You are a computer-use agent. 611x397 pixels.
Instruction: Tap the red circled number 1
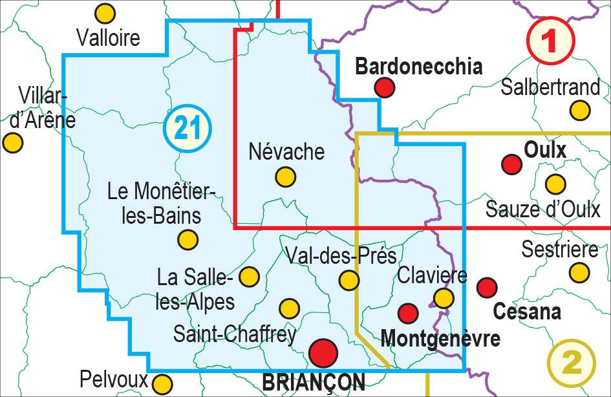pyautogui.click(x=550, y=41)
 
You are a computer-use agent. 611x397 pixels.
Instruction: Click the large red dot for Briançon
pyautogui.click(x=323, y=353)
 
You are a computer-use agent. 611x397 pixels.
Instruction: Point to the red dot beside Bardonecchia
pyautogui.click(x=385, y=87)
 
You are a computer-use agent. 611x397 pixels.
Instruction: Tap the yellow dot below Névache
pyautogui.click(x=285, y=177)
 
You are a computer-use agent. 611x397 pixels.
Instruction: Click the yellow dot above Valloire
pyautogui.click(x=105, y=14)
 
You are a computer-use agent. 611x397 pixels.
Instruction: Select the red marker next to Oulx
pyautogui.click(x=512, y=164)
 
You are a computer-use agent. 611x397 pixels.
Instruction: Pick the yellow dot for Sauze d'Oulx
pyautogui.click(x=555, y=184)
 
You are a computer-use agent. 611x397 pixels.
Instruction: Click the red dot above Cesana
pyautogui.click(x=486, y=287)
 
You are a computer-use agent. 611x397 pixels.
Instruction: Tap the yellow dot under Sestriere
pyautogui.click(x=579, y=272)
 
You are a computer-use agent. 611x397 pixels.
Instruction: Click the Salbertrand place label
pyautogui.click(x=550, y=87)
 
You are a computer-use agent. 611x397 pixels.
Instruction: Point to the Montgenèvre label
pyautogui.click(x=441, y=338)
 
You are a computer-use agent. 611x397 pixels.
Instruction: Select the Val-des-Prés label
pyautogui.click(x=340, y=256)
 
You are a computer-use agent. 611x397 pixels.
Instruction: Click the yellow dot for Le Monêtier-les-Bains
pyautogui.click(x=188, y=240)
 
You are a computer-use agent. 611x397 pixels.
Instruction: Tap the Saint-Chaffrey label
pyautogui.click(x=235, y=334)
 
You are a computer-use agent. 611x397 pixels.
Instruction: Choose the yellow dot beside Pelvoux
pyautogui.click(x=163, y=383)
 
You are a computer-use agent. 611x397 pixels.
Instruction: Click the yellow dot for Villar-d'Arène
pyautogui.click(x=12, y=142)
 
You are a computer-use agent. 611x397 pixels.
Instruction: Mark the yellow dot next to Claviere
pyautogui.click(x=444, y=298)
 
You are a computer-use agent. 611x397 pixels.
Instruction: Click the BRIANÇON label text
pyautogui.click(x=313, y=383)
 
